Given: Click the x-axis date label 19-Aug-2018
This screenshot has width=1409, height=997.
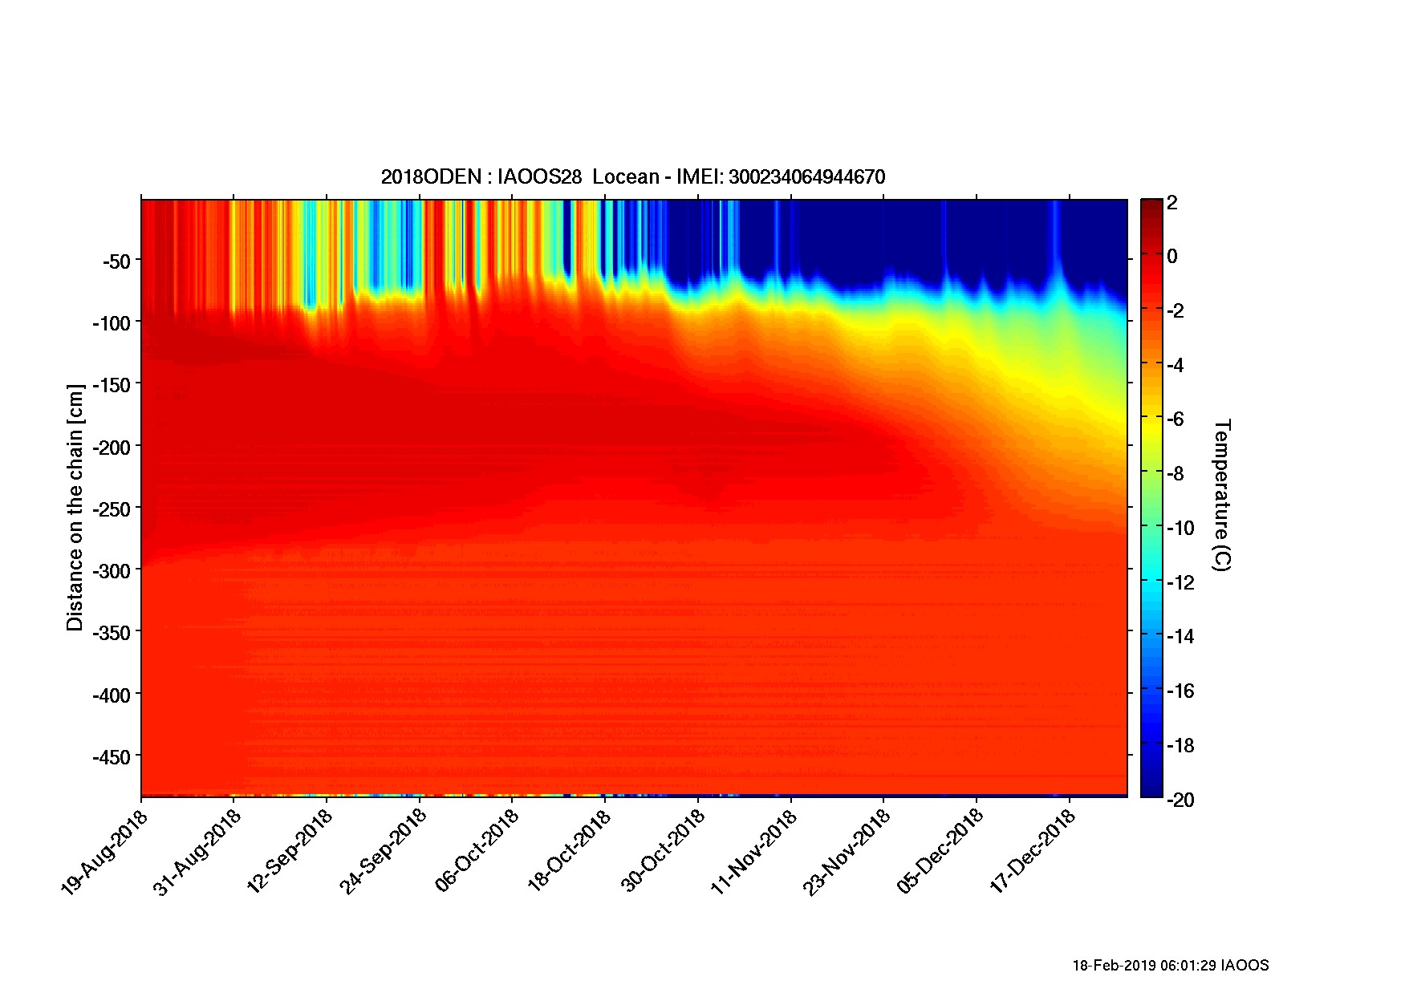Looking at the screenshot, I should (105, 853).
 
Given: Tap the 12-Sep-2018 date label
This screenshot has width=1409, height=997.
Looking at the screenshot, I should (290, 853).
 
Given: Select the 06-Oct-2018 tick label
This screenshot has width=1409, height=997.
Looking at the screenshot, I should (477, 853).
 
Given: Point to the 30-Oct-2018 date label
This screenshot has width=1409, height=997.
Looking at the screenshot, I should (663, 853).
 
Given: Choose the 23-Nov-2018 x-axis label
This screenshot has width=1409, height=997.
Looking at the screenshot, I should (848, 853).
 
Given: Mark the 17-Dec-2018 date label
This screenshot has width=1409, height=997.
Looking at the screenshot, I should (1033, 853).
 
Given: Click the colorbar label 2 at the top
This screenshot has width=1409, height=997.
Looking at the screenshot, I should (1172, 203).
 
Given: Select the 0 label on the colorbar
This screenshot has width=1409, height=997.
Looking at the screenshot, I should (1172, 257).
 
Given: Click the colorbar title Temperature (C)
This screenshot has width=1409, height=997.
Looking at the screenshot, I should (1221, 495).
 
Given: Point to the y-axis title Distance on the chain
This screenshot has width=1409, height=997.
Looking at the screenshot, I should (75, 508).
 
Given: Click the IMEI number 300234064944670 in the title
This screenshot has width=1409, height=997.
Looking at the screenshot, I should (806, 177).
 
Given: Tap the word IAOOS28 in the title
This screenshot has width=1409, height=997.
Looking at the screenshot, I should (539, 177).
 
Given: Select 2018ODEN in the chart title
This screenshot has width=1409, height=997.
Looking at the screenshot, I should (430, 177).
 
